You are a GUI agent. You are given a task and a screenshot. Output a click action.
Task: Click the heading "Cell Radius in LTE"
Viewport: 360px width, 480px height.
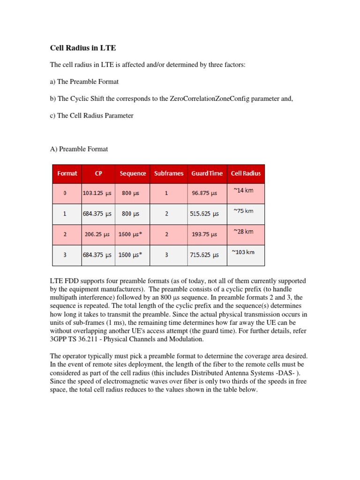coord(82,48)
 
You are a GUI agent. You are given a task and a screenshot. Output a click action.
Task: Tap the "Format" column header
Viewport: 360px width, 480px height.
coord(67,173)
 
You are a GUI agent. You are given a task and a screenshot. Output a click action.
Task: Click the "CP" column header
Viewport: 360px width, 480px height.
coord(98,173)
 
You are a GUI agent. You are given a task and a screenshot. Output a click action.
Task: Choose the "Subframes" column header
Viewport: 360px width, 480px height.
coord(169,173)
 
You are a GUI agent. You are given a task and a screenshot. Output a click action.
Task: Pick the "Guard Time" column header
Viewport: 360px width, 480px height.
coord(207,173)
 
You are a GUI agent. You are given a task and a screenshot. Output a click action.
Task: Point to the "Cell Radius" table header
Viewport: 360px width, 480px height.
coord(246,173)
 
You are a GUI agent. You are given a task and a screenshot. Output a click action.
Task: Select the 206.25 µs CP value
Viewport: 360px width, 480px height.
coord(98,234)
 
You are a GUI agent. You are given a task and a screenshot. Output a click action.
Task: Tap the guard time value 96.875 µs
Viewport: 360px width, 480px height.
coord(204,193)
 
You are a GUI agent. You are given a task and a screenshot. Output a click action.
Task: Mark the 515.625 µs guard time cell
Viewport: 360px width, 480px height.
coord(204,214)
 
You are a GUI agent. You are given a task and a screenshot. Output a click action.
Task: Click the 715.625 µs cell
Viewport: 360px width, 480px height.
coord(204,255)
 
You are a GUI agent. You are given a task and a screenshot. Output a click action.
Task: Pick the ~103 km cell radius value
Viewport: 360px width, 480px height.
coord(243,252)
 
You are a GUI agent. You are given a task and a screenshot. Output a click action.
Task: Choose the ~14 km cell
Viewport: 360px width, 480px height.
coord(243,190)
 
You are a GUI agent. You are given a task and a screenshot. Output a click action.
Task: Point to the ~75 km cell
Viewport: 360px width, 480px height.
coord(243,211)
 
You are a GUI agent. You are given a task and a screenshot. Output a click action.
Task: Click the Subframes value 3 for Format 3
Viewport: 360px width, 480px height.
coord(166,255)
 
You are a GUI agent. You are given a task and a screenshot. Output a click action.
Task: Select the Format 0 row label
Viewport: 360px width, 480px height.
coord(65,193)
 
